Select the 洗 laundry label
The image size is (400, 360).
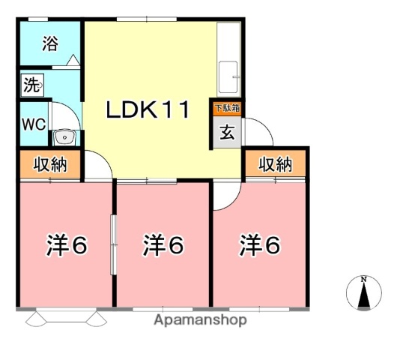tap(31, 84)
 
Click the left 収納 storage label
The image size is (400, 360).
tap(49, 165)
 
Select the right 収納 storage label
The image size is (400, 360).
tap(275, 165)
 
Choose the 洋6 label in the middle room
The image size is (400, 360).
tap(163, 244)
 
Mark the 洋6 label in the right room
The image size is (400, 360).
tap(259, 244)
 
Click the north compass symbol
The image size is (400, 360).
tap(363, 292)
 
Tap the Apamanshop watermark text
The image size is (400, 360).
tap(199, 320)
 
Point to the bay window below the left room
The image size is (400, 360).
tap(64, 318)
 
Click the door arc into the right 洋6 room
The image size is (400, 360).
tap(222, 196)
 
